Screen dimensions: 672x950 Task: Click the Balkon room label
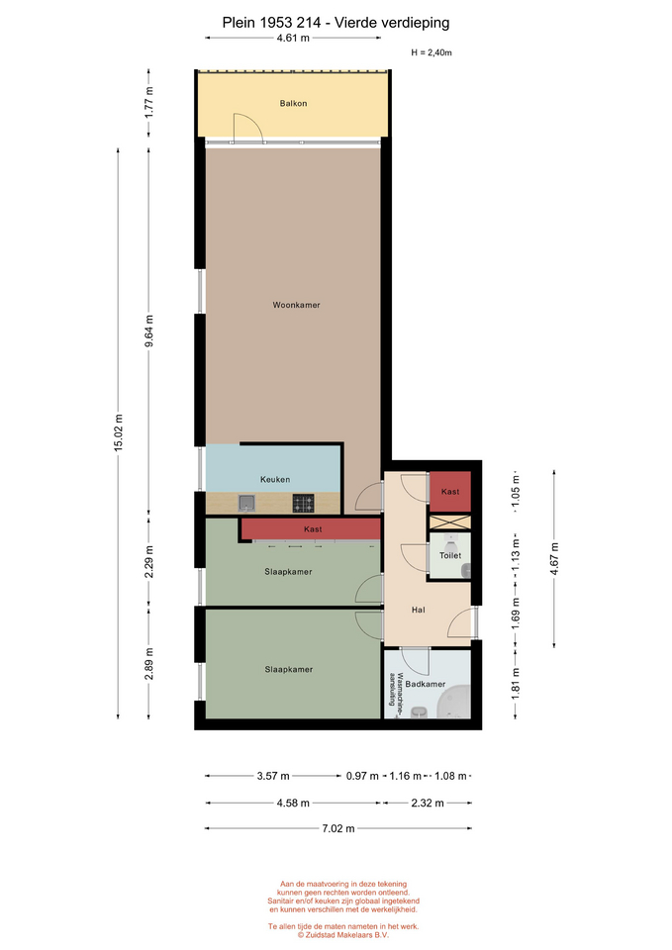pos(293,104)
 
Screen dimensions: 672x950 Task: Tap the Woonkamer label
pos(296,305)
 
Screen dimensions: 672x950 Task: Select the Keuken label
pos(275,479)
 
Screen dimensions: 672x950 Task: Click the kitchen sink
pos(246,503)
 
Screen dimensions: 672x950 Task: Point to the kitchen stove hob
pos(304,503)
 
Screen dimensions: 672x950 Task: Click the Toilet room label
pos(450,555)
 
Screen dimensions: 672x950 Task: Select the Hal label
pos(418,610)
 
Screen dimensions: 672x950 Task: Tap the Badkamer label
pos(426,684)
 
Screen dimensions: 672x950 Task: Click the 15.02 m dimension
pos(119,432)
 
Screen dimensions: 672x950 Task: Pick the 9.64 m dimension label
pos(149,332)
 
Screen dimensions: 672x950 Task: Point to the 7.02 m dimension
pos(338,828)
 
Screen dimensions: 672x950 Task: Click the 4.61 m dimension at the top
pos(293,38)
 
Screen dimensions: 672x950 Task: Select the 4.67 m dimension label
pos(554,558)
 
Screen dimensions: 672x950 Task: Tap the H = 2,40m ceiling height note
pos(432,52)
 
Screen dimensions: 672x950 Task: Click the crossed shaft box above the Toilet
pos(450,522)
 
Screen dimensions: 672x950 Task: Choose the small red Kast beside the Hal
pos(450,492)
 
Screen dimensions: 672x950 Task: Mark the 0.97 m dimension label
pos(362,776)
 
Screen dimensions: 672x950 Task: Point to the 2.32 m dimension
pos(428,803)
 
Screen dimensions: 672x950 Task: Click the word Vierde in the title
pos(363,23)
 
